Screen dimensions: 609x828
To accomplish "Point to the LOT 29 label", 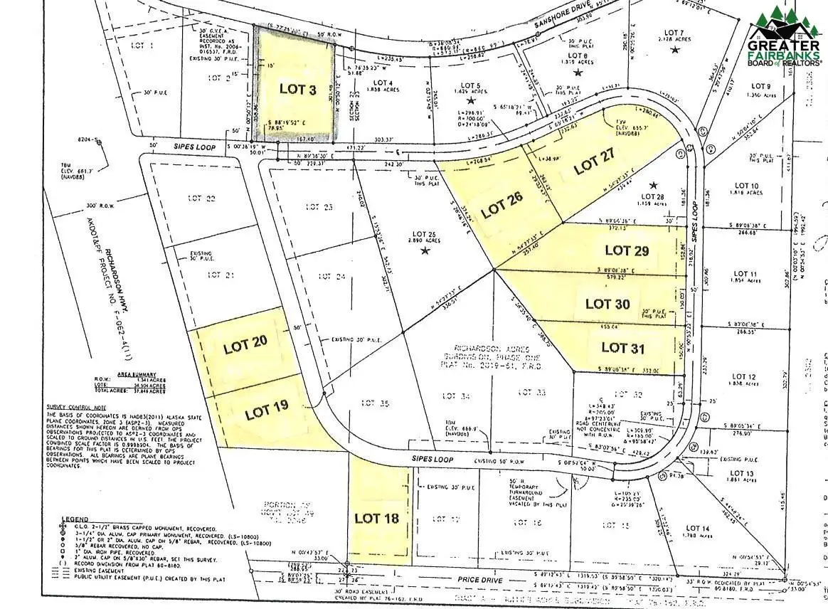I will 627,250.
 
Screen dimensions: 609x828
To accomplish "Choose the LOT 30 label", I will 607,304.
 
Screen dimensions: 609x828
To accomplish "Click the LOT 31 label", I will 623,347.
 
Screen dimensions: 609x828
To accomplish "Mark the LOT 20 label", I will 245,346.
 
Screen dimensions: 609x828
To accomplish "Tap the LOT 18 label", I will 376,518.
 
